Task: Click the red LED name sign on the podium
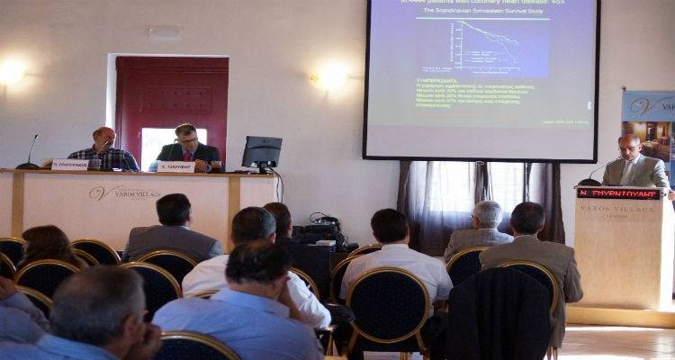(620, 193)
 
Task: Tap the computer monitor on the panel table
(262, 152)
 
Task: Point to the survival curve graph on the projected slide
(490, 49)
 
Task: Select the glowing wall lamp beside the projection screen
(331, 77)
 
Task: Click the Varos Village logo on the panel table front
(124, 193)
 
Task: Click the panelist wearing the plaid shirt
(104, 151)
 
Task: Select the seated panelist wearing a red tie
(186, 147)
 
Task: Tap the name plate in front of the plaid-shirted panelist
(69, 165)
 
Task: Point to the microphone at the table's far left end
(29, 153)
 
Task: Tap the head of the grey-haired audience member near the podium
(488, 215)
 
